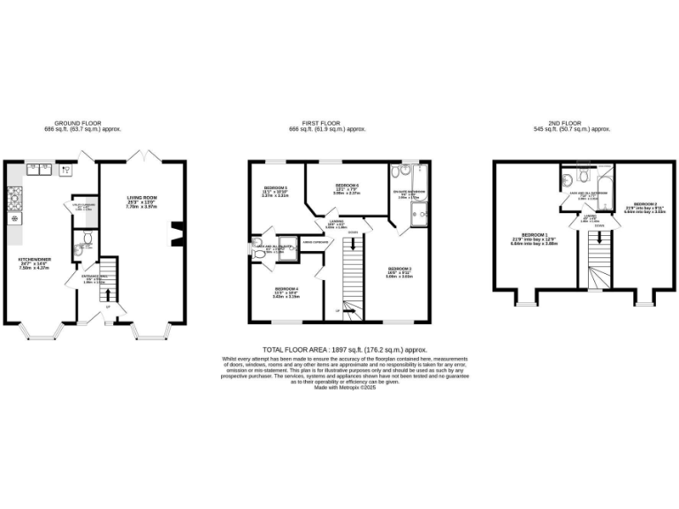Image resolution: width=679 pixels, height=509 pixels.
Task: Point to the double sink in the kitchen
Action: (x=42, y=166)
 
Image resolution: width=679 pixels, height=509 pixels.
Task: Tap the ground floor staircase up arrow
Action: (x=109, y=306)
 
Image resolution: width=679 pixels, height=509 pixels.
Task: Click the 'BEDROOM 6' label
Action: (x=344, y=185)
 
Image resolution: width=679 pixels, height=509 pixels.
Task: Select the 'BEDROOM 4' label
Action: (x=285, y=290)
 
